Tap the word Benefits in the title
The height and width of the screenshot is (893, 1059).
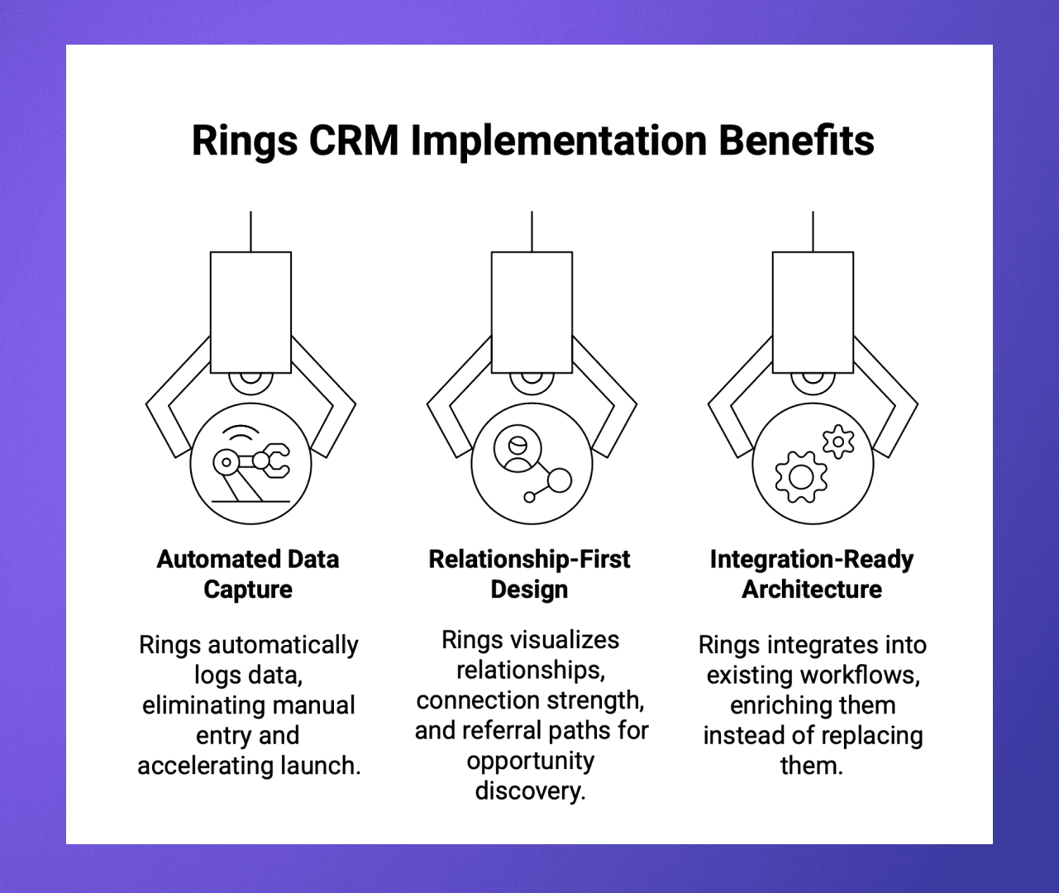click(x=795, y=141)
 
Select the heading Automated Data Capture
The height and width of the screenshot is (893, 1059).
click(x=248, y=574)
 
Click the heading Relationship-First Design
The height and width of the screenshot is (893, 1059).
click(x=529, y=574)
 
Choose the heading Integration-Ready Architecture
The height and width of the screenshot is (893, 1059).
click(x=812, y=574)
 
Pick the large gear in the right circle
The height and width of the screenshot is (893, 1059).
click(x=800, y=476)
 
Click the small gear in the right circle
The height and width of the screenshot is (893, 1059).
click(x=838, y=442)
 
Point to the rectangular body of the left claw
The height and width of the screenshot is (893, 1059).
click(x=250, y=312)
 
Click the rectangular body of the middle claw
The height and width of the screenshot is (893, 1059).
click(x=532, y=312)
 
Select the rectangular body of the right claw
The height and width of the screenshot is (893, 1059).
click(x=813, y=312)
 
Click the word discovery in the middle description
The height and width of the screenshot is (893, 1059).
click(x=529, y=790)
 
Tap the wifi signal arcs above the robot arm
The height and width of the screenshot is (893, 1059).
click(x=241, y=434)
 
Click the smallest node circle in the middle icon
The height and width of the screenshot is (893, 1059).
click(x=530, y=497)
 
